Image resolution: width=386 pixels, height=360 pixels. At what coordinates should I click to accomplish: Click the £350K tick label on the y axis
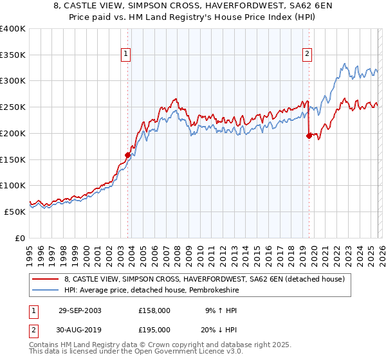(13, 55)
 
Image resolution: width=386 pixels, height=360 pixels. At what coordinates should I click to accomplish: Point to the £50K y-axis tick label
(15, 212)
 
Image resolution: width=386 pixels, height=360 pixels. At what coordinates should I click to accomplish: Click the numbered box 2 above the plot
(308, 54)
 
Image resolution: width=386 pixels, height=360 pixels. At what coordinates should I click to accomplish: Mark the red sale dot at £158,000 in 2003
(128, 155)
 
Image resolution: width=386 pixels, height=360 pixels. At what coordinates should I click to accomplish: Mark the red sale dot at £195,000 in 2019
(309, 136)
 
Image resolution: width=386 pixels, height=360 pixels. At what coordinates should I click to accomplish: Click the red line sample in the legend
(46, 279)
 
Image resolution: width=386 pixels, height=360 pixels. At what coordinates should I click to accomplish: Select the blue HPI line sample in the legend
(46, 290)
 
